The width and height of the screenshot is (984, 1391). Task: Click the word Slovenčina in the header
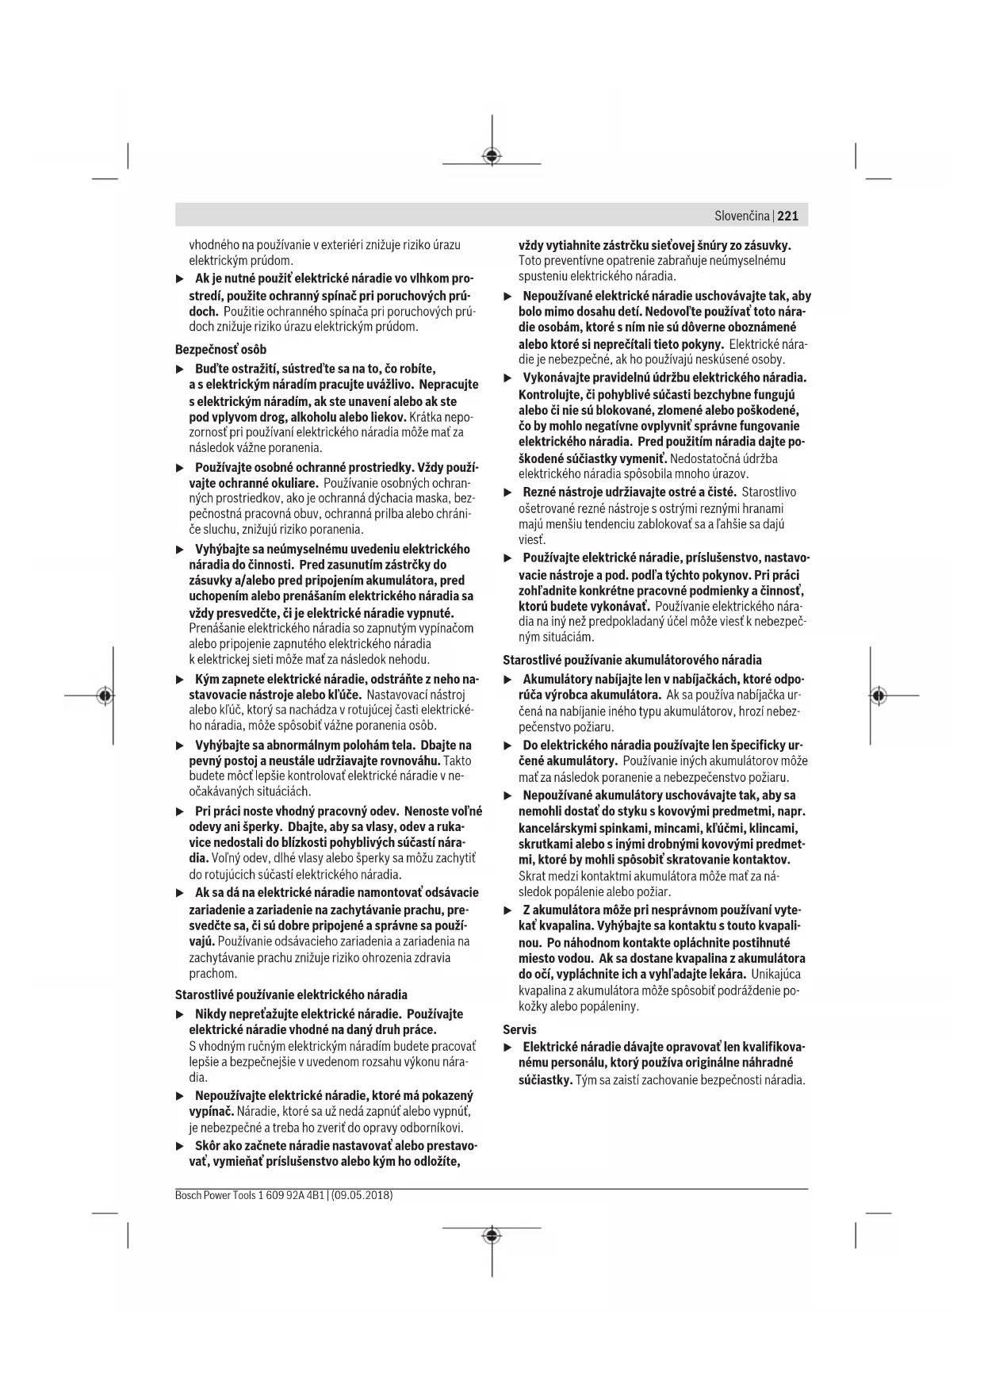pyautogui.click(x=741, y=216)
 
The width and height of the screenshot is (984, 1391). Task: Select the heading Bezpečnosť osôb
pyautogui.click(x=220, y=349)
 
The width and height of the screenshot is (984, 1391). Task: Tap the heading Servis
pyautogui.click(x=519, y=1029)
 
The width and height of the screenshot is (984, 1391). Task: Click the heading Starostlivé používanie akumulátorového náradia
pyautogui.click(x=632, y=659)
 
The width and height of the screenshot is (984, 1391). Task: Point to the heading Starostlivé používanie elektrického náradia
pyautogui.click(x=291, y=994)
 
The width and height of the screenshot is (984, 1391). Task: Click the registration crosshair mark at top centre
pyautogui.click(x=492, y=156)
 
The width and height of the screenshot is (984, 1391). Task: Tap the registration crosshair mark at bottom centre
pyautogui.click(x=492, y=1236)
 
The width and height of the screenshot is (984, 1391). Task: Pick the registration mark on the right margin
pyautogui.click(x=878, y=695)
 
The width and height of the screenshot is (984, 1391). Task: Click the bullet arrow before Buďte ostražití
pyautogui.click(x=179, y=369)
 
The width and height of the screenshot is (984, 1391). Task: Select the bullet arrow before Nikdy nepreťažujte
pyautogui.click(x=179, y=1014)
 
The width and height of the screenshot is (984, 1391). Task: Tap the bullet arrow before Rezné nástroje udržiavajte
pyautogui.click(x=507, y=492)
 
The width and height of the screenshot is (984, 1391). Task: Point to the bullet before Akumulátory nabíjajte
pyautogui.click(x=507, y=680)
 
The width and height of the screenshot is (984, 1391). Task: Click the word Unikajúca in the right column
pyautogui.click(x=775, y=974)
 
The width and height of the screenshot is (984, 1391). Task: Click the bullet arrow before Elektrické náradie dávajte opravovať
pyautogui.click(x=507, y=1047)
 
